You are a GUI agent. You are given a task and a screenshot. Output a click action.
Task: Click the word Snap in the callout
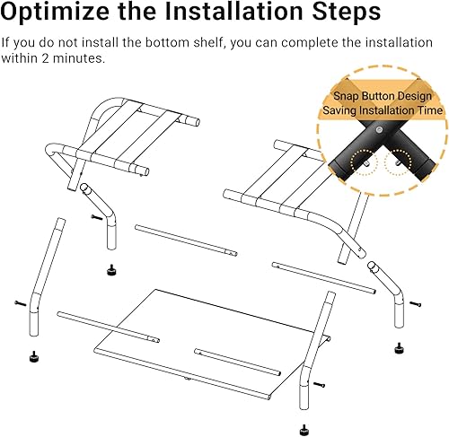click(x=352, y=95)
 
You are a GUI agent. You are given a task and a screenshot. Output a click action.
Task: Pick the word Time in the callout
click(x=427, y=110)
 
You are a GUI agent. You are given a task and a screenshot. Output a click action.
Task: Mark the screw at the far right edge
click(x=415, y=303)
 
